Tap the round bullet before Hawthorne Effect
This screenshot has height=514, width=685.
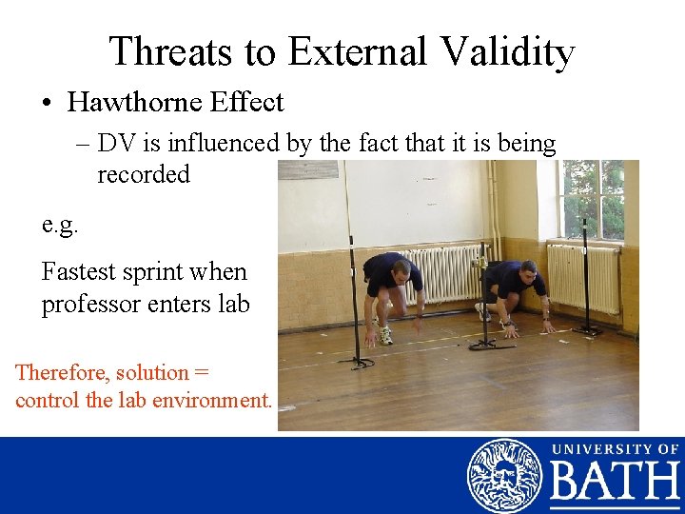tap(49, 102)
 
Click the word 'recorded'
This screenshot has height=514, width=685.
tap(144, 174)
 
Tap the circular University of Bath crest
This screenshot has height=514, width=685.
tap(504, 476)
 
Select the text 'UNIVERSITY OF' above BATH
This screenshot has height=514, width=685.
tap(615, 448)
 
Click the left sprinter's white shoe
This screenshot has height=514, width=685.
tap(385, 335)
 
